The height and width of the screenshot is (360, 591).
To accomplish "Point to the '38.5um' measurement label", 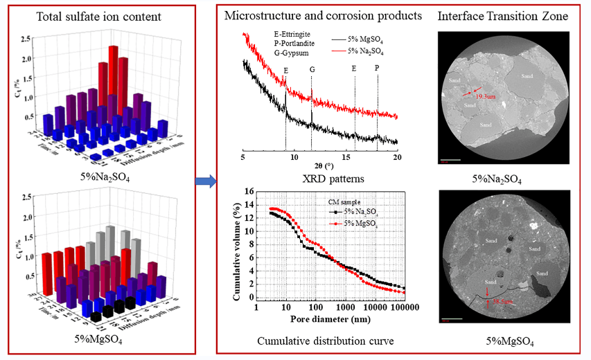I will (502, 303).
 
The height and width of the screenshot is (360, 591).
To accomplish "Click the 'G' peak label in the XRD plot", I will (312, 70).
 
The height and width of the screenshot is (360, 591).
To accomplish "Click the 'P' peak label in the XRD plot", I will (377, 70).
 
